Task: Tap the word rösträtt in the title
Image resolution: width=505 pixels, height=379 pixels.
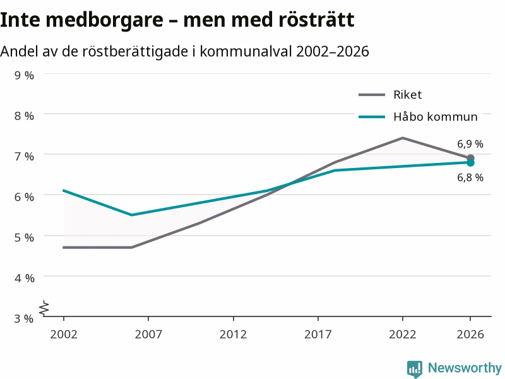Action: tap(316, 20)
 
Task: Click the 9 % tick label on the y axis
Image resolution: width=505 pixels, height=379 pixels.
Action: tap(24, 75)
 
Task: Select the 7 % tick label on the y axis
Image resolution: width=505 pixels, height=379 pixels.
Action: tap(24, 156)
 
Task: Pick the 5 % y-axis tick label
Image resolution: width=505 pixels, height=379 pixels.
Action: tap(24, 238)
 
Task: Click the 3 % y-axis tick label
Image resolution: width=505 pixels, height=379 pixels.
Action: tap(24, 318)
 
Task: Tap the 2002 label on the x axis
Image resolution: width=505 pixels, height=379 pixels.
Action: tap(64, 334)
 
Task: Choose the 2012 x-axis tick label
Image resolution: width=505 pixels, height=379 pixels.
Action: tap(233, 334)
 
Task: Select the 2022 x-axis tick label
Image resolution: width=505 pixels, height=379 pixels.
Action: tap(403, 334)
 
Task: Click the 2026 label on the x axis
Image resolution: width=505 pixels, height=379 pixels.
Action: tap(470, 334)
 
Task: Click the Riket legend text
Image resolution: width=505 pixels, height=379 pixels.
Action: tap(407, 95)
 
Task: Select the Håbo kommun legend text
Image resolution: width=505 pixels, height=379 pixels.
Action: tap(436, 116)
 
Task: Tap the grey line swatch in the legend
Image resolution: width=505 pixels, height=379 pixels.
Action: tap(372, 95)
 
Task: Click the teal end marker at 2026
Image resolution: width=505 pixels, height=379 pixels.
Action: tap(470, 163)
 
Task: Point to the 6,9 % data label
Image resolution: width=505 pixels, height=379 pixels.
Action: tap(470, 144)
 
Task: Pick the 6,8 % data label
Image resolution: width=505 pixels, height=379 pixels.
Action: tap(470, 177)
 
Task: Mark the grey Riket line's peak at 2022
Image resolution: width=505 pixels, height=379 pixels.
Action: tap(403, 138)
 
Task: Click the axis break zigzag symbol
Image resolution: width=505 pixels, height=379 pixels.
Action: tap(44, 308)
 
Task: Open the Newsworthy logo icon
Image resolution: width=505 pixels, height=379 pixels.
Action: tap(415, 368)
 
